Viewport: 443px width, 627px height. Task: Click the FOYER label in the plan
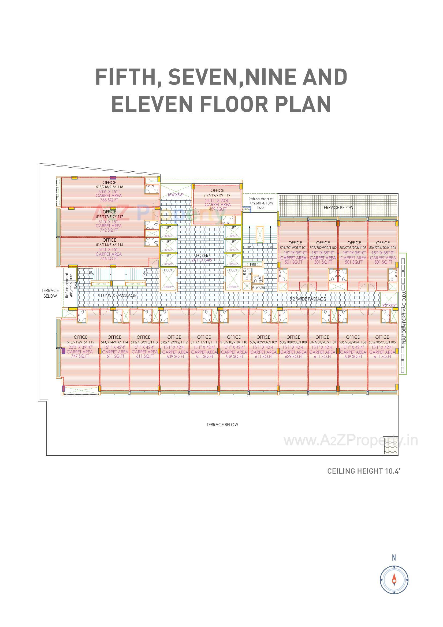[x=202, y=255]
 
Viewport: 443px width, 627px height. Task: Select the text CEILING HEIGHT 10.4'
[x=363, y=471]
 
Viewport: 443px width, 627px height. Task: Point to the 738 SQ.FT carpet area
[x=109, y=200]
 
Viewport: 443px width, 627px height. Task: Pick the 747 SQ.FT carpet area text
[x=80, y=356]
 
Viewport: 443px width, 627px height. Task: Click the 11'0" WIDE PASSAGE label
[x=117, y=295]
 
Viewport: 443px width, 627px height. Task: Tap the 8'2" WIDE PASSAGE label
[x=308, y=299]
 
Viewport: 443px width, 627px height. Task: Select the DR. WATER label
[x=258, y=287]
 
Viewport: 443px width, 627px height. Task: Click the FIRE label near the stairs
[x=253, y=265]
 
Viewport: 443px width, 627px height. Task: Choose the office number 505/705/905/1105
[x=382, y=342]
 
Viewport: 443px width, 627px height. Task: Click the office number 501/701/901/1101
[x=293, y=248]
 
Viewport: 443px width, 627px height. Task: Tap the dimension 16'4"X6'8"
[x=176, y=195]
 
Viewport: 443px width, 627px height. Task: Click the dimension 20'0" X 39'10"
[x=80, y=347]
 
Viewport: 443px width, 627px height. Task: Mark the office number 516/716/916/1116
[x=109, y=245]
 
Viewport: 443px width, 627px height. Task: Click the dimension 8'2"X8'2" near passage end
[x=389, y=305]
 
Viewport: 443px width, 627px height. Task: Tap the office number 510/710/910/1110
[x=234, y=342]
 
